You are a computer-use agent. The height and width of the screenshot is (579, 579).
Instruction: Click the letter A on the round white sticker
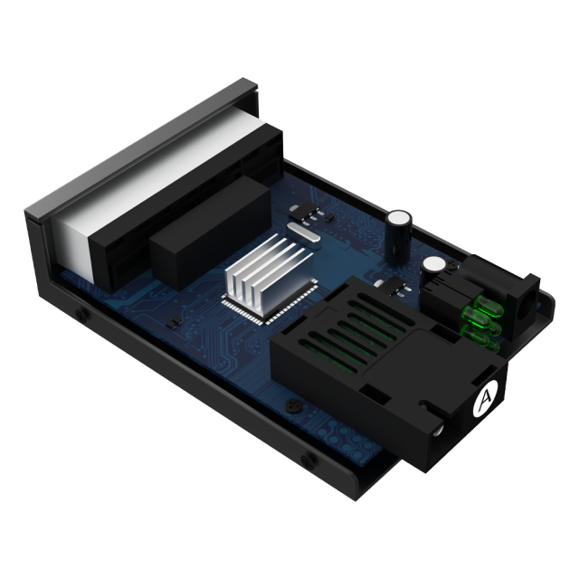click(x=486, y=397)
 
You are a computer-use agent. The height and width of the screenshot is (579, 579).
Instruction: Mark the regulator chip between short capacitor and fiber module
click(x=394, y=289)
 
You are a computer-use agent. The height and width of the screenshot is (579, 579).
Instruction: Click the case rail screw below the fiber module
click(x=312, y=460)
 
